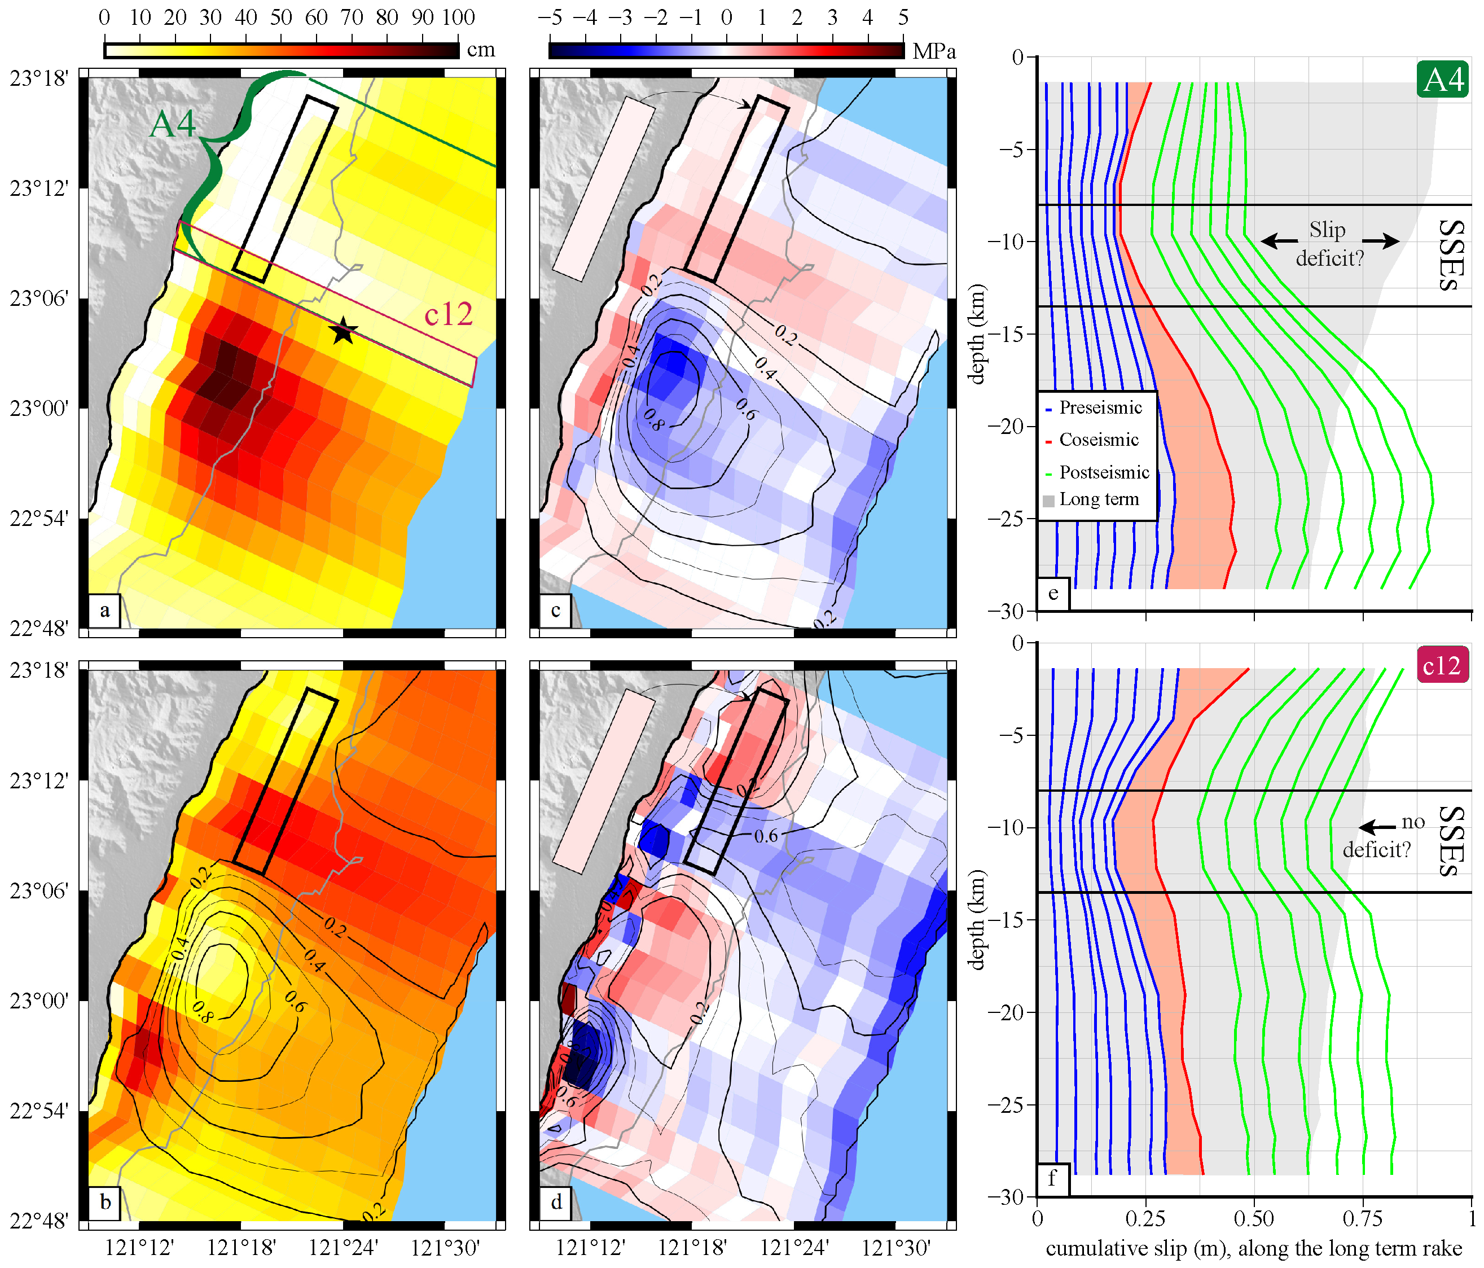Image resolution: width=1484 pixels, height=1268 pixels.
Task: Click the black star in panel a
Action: [x=343, y=330]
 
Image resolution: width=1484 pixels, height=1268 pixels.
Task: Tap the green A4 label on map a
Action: [x=173, y=124]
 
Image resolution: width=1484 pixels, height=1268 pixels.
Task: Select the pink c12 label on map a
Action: [x=449, y=314]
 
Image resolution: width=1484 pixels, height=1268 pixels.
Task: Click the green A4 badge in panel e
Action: [x=1442, y=79]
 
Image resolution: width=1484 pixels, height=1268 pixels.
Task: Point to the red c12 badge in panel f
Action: [x=1442, y=665]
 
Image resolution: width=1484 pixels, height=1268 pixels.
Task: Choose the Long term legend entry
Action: [x=1091, y=499]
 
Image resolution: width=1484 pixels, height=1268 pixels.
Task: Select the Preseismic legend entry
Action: [x=1094, y=407]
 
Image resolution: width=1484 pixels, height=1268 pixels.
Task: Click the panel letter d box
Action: [x=556, y=1202]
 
